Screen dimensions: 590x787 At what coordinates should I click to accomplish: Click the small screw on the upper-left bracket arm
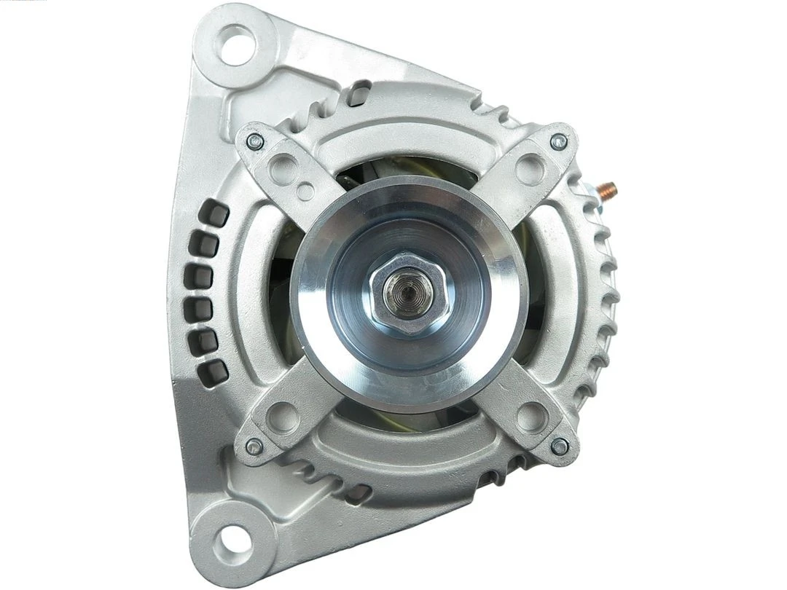[x=255, y=142]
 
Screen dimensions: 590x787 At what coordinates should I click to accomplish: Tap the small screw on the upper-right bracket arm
[x=558, y=142]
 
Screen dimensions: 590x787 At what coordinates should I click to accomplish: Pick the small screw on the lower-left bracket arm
[x=254, y=446]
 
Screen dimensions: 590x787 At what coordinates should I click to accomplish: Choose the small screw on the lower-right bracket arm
[x=560, y=446]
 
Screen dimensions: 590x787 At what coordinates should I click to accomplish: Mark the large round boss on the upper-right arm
[x=530, y=169]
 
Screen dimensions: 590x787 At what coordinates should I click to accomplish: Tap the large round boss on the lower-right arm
[x=532, y=417]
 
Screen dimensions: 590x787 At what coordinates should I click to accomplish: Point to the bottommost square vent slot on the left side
[x=214, y=374]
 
